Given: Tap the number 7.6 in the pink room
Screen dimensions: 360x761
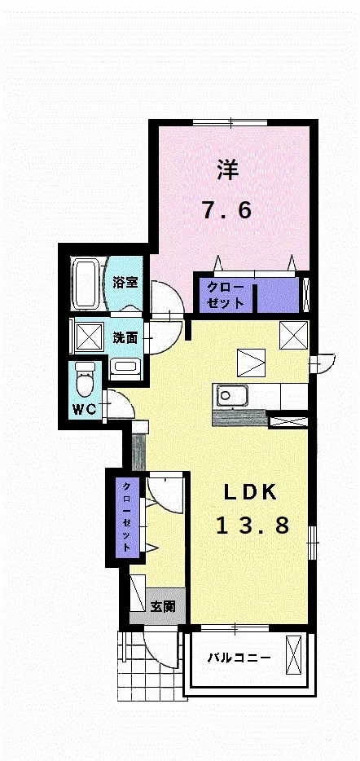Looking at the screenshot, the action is click(x=227, y=210).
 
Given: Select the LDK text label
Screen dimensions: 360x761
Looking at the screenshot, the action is click(x=250, y=493).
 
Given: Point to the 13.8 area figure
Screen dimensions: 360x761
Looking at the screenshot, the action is click(x=252, y=526).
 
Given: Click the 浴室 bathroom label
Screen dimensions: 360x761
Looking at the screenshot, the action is click(x=125, y=283).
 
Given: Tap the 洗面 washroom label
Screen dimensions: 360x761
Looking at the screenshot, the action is click(x=125, y=338).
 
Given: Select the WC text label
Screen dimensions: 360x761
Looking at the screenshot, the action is click(x=86, y=409).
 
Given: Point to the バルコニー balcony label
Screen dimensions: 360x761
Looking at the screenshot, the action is click(x=239, y=658).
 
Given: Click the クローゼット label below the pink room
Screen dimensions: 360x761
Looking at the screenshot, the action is click(x=225, y=295).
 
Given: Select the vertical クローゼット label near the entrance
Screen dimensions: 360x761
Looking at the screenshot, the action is click(x=126, y=517).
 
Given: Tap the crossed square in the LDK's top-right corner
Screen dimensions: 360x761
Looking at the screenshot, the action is click(x=293, y=335).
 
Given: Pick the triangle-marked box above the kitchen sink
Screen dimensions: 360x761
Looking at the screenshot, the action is click(x=252, y=363).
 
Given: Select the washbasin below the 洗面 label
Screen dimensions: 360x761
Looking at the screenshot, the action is click(x=125, y=370).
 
